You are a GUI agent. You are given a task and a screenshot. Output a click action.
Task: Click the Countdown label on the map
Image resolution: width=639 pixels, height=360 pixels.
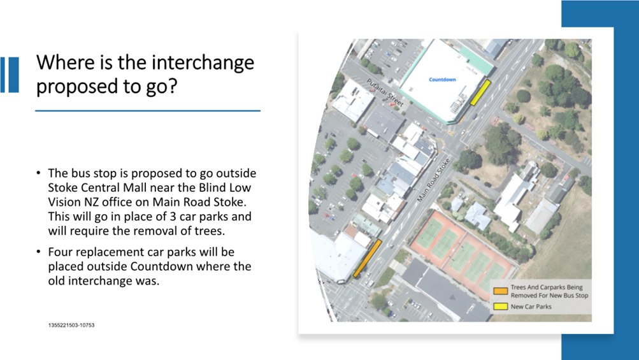pos(442,80)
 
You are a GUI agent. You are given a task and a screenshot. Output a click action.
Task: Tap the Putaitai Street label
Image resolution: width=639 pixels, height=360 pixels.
pos(385,93)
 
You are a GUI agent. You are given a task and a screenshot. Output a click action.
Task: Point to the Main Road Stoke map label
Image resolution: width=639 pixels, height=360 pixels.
pos(433,180)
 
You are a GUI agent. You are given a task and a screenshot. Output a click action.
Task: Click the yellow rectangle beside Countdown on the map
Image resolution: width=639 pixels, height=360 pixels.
pos(480,92)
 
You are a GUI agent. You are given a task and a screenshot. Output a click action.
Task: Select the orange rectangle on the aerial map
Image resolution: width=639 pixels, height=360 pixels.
pos(367,259)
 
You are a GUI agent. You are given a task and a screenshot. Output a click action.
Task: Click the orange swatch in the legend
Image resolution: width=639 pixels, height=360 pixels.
pos(501,291)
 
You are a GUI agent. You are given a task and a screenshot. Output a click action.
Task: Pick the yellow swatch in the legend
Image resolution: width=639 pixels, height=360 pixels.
pos(501,306)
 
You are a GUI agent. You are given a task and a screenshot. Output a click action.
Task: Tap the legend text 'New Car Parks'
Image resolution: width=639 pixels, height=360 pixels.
pos(531,306)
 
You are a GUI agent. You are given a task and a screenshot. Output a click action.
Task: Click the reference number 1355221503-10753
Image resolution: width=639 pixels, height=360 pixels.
pos(71,325)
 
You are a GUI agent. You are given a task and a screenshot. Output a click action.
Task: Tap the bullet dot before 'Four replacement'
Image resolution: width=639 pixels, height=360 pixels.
pos(38,252)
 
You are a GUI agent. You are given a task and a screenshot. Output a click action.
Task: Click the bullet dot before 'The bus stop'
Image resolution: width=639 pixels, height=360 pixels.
pos(38,173)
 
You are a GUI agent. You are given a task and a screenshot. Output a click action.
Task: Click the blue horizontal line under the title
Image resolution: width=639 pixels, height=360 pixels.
pos(148,110)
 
